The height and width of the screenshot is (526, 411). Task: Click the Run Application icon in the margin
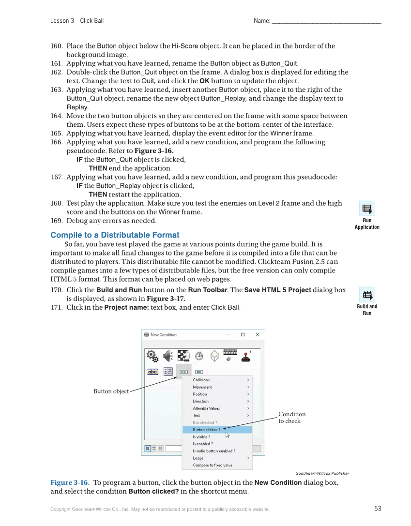[367, 209]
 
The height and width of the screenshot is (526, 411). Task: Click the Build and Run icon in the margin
[367, 295]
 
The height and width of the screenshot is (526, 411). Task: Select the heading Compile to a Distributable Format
[115, 235]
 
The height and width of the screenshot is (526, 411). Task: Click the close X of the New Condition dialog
[258, 334]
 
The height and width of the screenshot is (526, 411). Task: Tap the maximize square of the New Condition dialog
[243, 334]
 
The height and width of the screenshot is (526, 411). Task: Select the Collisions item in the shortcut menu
[201, 380]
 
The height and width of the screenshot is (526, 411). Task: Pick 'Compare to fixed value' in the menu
[213, 465]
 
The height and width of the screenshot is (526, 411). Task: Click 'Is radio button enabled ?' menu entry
[214, 451]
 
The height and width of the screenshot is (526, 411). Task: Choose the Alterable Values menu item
[206, 408]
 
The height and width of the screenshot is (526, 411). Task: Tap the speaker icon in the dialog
[168, 356]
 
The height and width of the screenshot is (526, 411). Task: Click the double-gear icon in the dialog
[152, 356]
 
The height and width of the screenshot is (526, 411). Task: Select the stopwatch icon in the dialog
[199, 356]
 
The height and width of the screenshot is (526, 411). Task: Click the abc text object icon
[152, 372]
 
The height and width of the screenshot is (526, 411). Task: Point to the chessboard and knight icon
[183, 356]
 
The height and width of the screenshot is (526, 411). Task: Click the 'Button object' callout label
[111, 391]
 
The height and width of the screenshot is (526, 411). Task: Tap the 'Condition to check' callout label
[291, 418]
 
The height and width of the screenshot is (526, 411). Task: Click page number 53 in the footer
[378, 509]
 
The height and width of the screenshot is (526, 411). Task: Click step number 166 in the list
[57, 142]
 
